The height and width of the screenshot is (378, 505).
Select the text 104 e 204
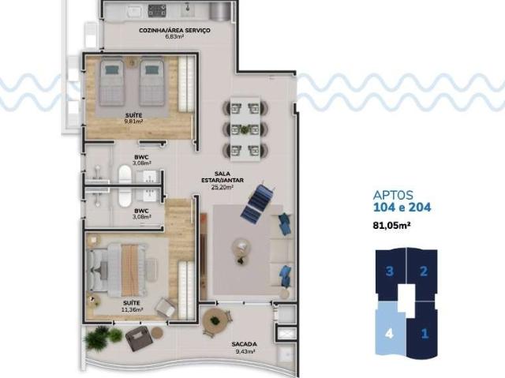pyautogui.click(x=401, y=208)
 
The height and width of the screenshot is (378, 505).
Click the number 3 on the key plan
pyautogui.click(x=390, y=272)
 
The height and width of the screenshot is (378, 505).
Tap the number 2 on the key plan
pyautogui.click(x=424, y=272)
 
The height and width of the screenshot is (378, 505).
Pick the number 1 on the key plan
pyautogui.click(x=425, y=332)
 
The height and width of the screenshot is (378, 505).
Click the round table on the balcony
pyautogui.click(x=214, y=321)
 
